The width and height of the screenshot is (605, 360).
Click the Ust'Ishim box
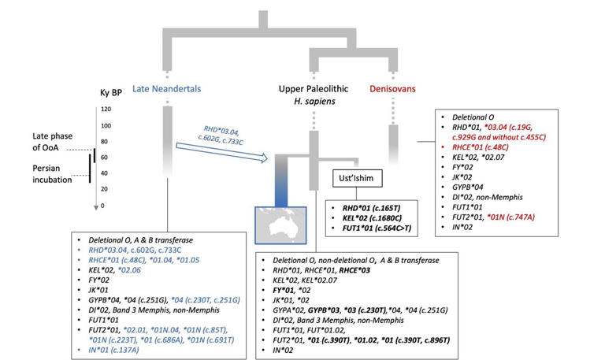[358, 178]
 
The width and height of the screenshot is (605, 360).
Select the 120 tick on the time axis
[103, 109]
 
